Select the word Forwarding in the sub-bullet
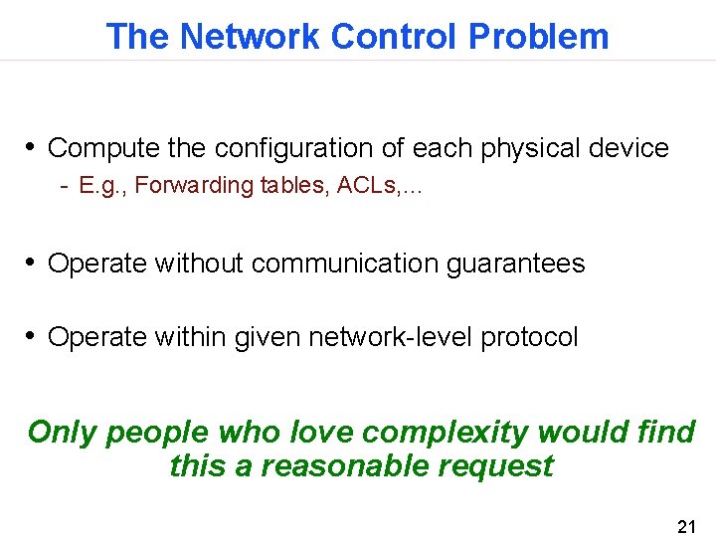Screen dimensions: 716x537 coord(194,186)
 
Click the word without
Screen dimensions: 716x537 coord(198,264)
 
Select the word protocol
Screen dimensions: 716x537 coord(529,337)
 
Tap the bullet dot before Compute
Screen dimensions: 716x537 coord(32,147)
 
